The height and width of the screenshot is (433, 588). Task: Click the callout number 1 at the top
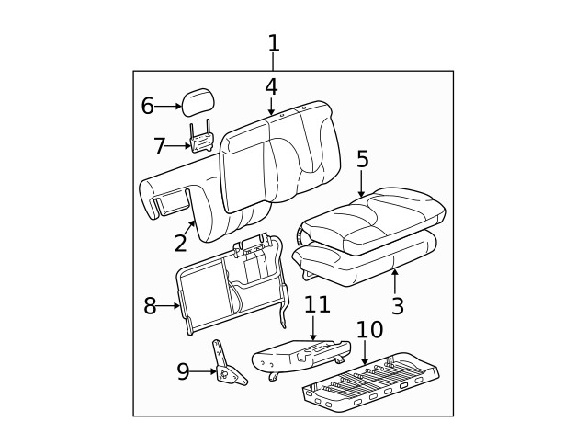click(273, 42)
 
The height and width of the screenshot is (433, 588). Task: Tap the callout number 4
click(271, 86)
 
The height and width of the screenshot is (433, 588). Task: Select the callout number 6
click(147, 106)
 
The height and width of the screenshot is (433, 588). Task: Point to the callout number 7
click(160, 145)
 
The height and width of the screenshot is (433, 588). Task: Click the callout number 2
click(181, 243)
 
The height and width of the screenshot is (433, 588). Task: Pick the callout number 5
click(362, 159)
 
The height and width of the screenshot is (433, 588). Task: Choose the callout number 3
click(397, 305)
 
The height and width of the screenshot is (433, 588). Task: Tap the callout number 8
click(150, 306)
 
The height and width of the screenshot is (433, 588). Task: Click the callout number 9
click(183, 371)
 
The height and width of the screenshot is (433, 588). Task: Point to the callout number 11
click(316, 304)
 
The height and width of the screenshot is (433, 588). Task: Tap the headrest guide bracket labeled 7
click(201, 140)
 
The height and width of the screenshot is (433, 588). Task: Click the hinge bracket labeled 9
click(226, 365)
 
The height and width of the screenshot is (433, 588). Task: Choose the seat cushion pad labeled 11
click(300, 355)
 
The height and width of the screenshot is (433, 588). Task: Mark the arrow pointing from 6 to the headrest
click(169, 107)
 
